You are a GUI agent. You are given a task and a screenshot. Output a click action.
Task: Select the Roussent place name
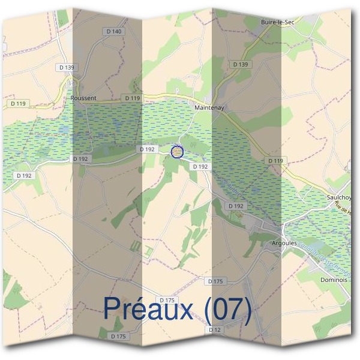(x=83, y=98)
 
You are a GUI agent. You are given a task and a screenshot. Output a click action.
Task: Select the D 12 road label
(x=215, y=330)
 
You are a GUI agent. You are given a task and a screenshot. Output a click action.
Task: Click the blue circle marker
(x=176, y=152)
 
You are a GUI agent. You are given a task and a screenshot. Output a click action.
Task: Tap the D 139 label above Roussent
(x=67, y=68)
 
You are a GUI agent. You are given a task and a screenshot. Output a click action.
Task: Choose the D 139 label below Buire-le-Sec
(x=239, y=64)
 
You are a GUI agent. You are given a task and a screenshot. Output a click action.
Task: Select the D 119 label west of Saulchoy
(x=275, y=161)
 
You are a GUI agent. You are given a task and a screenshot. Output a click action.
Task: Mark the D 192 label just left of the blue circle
(x=147, y=149)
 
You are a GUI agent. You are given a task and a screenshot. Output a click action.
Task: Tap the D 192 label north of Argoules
(x=236, y=206)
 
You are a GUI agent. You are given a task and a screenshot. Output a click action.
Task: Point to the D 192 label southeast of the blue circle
(x=200, y=166)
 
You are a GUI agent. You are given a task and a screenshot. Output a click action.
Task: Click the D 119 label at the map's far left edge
(x=19, y=104)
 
